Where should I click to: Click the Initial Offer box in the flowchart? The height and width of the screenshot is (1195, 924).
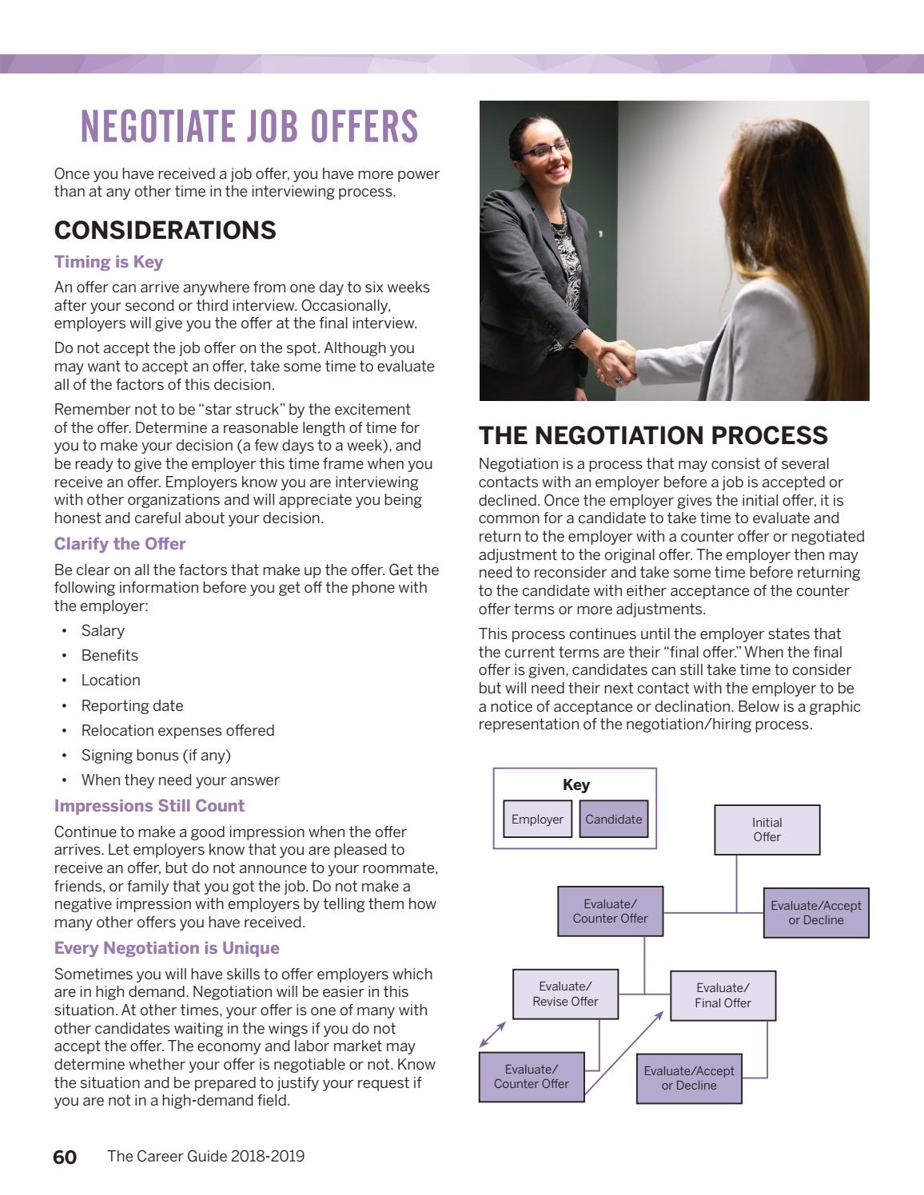coord(767,829)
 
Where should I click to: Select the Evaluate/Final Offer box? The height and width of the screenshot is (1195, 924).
coord(723,995)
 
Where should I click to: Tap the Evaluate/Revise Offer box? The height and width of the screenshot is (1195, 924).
coord(565,994)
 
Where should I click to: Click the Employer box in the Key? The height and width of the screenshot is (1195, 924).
coord(537,819)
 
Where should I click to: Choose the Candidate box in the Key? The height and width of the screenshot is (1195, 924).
coord(613,819)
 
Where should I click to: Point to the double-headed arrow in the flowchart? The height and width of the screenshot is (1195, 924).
coord(492,1034)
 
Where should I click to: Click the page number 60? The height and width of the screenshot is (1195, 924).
coord(65,1157)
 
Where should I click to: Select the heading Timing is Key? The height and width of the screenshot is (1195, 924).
coord(109,262)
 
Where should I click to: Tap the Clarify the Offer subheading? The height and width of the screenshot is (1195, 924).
coord(120,544)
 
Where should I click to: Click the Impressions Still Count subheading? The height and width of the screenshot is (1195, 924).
coord(149,806)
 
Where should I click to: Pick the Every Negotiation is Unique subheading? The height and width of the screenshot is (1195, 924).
coord(166,948)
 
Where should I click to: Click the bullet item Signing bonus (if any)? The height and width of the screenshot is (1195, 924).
coord(156,755)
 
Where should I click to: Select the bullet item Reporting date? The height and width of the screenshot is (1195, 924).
coord(132,705)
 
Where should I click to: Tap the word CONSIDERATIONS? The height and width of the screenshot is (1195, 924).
coord(165,230)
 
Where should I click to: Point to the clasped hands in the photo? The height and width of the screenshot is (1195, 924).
coord(616,360)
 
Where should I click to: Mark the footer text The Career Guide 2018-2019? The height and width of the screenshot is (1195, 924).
coord(205,1156)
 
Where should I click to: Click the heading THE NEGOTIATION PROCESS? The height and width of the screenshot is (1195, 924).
coord(653,435)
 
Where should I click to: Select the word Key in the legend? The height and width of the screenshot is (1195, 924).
coord(576,784)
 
